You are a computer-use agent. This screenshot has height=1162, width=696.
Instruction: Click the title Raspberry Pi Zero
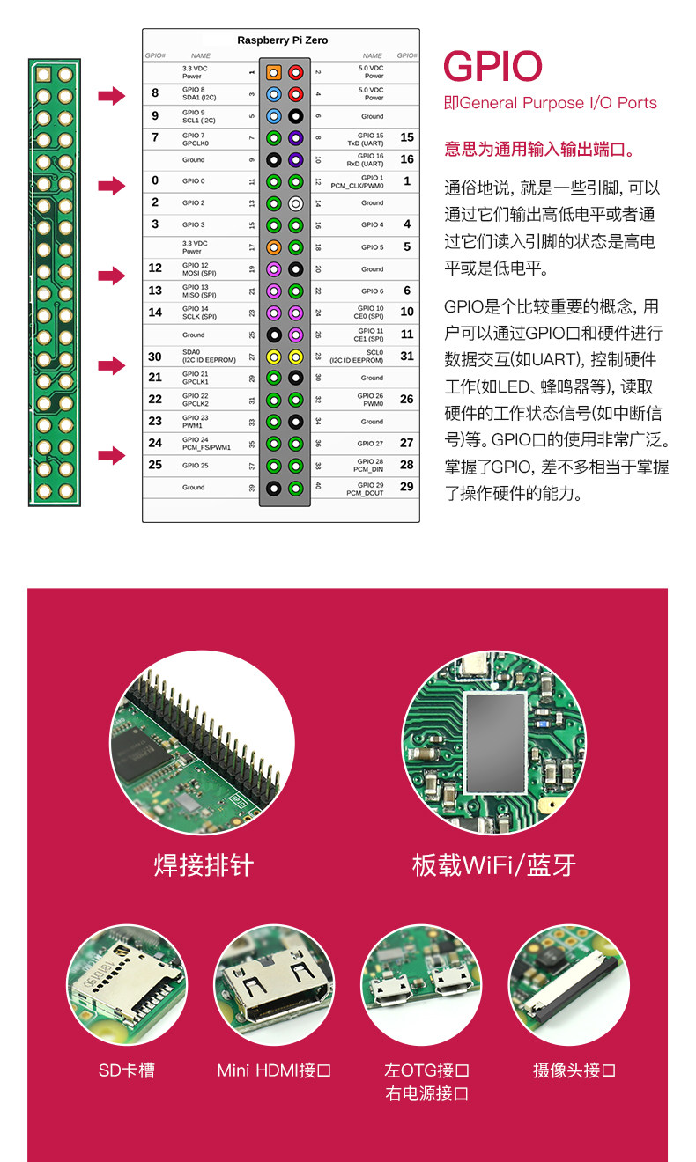pos(282,40)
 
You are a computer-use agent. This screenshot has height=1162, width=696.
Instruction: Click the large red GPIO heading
pos(492,68)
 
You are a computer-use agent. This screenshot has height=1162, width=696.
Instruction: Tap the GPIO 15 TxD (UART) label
pos(367,138)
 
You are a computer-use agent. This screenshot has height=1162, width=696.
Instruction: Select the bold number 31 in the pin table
pos(407,357)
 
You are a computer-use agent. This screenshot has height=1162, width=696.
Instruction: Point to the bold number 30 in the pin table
pos(155,357)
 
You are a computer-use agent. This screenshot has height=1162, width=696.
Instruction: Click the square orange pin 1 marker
pos(274,72)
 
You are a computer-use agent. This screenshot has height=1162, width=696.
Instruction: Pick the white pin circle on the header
pos(296,203)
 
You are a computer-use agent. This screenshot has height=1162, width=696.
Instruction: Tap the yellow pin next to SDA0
pos(274,357)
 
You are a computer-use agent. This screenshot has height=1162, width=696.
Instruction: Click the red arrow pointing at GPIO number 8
pos(112,96)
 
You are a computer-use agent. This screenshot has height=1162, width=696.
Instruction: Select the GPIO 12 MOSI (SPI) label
pos(199,269)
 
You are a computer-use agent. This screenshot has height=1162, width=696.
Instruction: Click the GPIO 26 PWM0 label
pos(370,400)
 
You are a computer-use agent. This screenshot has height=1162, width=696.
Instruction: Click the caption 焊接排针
pos(204,865)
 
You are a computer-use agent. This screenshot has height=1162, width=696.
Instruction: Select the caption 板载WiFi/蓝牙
pos(494,865)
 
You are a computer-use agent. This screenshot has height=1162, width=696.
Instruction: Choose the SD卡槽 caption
pos(127,1070)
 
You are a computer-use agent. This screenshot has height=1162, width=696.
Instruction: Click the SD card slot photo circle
pos(127,984)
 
